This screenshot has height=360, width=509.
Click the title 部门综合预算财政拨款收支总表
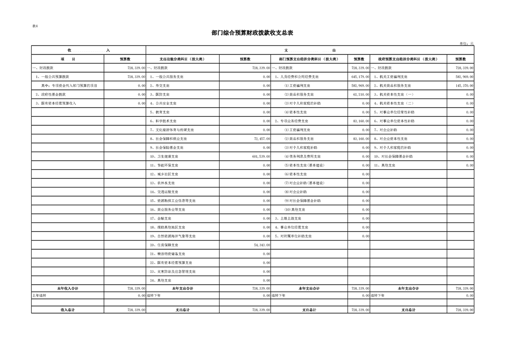(252, 33)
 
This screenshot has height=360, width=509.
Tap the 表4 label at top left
(35, 26)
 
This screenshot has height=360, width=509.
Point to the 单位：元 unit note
(466, 44)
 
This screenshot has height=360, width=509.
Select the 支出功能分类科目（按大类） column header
(182, 59)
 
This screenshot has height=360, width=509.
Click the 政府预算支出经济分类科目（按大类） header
(408, 59)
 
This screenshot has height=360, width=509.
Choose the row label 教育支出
(160, 112)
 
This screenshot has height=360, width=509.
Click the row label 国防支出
(160, 94)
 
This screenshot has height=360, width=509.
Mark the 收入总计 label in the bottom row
(68, 310)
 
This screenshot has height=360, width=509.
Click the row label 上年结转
(39, 296)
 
